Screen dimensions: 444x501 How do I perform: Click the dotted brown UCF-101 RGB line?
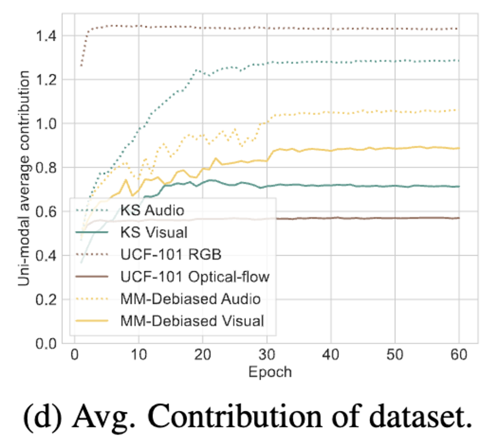(302, 28)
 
